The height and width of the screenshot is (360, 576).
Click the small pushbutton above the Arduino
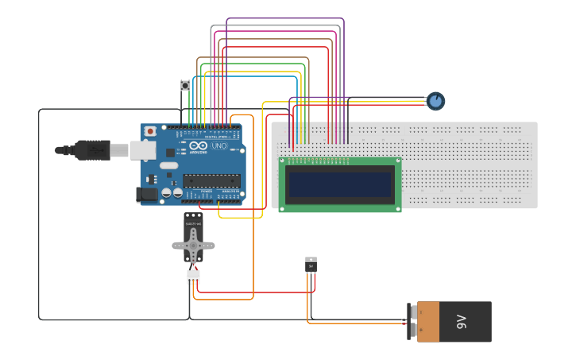(x=186, y=85)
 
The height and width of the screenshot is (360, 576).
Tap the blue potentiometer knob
(x=435, y=101)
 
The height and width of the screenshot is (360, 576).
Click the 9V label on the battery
(x=462, y=322)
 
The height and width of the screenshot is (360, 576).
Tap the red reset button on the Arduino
(x=150, y=131)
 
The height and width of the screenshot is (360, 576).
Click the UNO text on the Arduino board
(x=219, y=146)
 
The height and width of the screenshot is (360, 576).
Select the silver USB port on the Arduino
(x=143, y=149)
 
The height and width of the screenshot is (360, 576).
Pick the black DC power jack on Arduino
(x=147, y=193)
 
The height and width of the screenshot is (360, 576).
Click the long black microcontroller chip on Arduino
(x=211, y=180)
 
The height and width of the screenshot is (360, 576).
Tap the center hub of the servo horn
(x=193, y=246)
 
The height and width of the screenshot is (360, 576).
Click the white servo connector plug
(x=193, y=277)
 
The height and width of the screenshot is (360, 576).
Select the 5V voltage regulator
(x=311, y=265)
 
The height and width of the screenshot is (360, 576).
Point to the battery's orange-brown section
(x=428, y=322)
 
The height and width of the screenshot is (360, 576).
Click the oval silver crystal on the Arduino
(x=169, y=166)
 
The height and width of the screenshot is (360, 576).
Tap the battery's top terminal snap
(x=412, y=312)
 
